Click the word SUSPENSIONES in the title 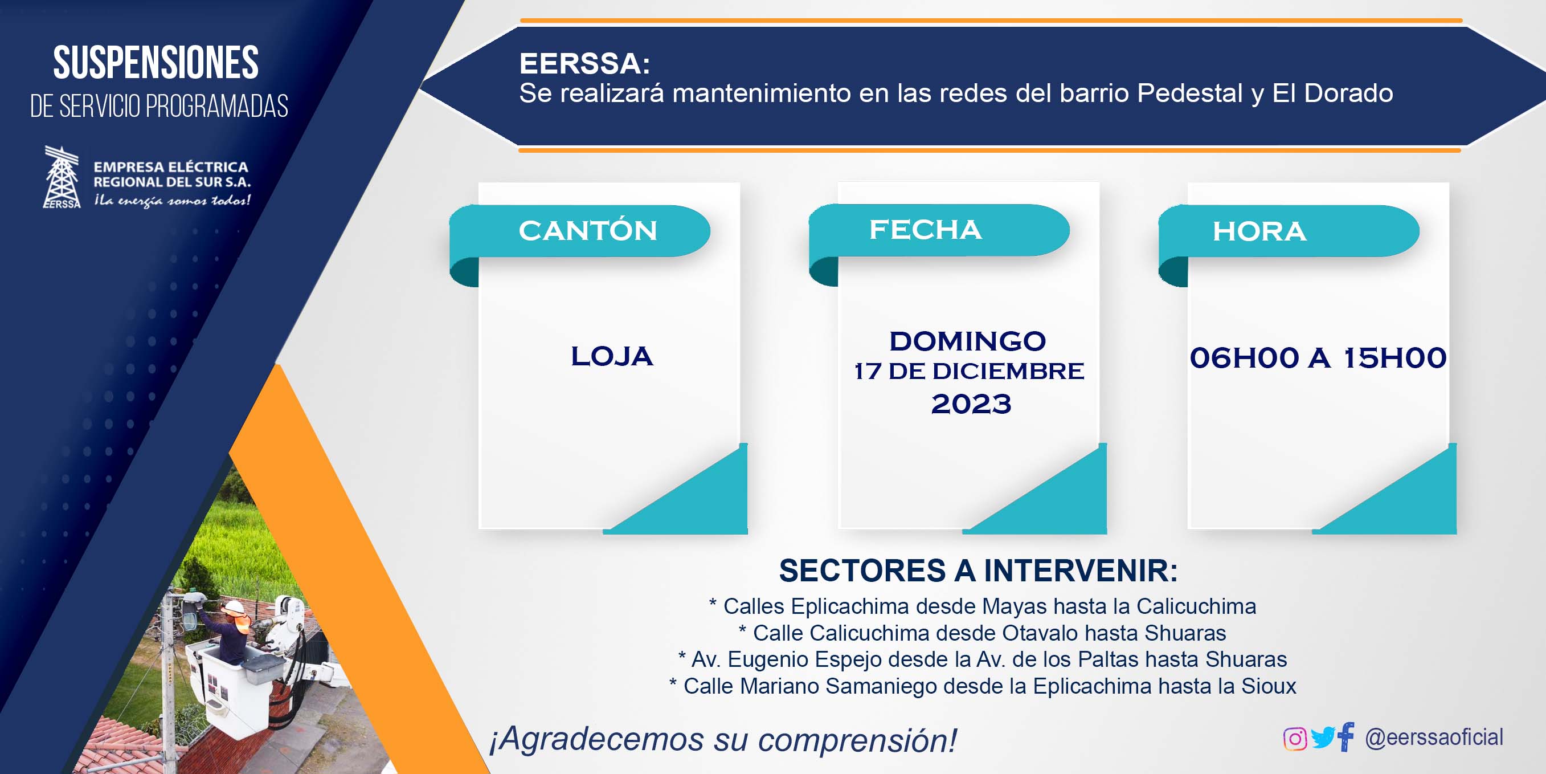coord(156,63)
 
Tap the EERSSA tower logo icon coord(62,177)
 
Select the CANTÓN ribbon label coord(588,231)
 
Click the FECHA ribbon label coord(926,229)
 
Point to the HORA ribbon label coord(1259,231)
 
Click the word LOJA coord(612,356)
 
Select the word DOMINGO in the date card coord(967,341)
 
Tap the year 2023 coord(971,404)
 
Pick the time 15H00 coord(1394,358)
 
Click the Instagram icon coord(1295,738)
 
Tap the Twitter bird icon coord(1323,738)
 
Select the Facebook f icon coord(1345,736)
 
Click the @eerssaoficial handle coord(1434,737)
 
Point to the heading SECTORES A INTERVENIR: coord(978,571)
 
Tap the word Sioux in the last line coord(1269,686)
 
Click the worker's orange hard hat coord(235,606)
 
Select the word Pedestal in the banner coord(1189,93)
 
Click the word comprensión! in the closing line coord(858,740)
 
